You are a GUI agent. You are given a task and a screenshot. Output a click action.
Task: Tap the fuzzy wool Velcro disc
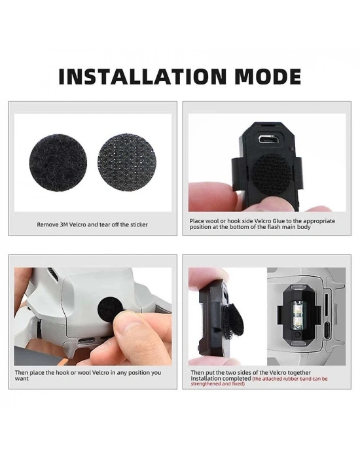coord(58,163)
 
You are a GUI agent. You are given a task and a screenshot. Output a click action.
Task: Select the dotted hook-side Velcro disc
coord(127,163)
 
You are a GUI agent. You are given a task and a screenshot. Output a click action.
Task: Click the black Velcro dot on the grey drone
coord(110,310)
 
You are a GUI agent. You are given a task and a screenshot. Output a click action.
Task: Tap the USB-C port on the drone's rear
coord(86,341)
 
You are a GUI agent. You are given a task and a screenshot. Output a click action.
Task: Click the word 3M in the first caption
coord(64,224)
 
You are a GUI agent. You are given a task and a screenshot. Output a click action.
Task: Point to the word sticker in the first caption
coord(139,224)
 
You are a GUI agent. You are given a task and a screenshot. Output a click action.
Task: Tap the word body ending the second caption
coord(304,227)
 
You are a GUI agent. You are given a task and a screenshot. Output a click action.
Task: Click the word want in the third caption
coord(22,379)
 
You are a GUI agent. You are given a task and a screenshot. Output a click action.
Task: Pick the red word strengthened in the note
coord(204,384)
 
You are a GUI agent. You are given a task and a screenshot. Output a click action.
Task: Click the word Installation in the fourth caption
coord(206,379)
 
